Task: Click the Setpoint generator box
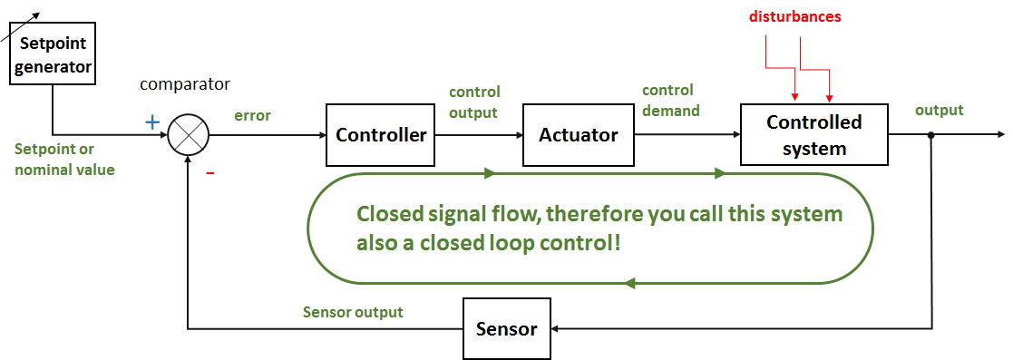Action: pyautogui.click(x=54, y=54)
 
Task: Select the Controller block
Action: pyautogui.click(x=381, y=135)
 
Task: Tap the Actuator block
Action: pyautogui.click(x=579, y=135)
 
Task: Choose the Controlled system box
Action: pyautogui.click(x=813, y=134)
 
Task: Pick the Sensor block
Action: pyautogui.click(x=506, y=328)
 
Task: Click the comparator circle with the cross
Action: pyautogui.click(x=188, y=135)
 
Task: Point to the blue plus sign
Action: pyautogui.click(x=152, y=122)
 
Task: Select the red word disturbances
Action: pyautogui.click(x=794, y=16)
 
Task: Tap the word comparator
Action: pyautogui.click(x=185, y=84)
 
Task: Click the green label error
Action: pyautogui.click(x=252, y=116)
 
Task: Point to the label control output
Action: pyautogui.click(x=474, y=102)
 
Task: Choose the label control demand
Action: pyautogui.click(x=670, y=101)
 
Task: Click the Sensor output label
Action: pyautogui.click(x=353, y=312)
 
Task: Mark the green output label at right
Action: pyautogui.click(x=939, y=111)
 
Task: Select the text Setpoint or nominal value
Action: pyautogui.click(x=64, y=159)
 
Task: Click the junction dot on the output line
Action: pyautogui.click(x=930, y=135)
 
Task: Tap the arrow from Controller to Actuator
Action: pyautogui.click(x=479, y=135)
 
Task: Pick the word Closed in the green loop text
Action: pyautogui.click(x=387, y=215)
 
